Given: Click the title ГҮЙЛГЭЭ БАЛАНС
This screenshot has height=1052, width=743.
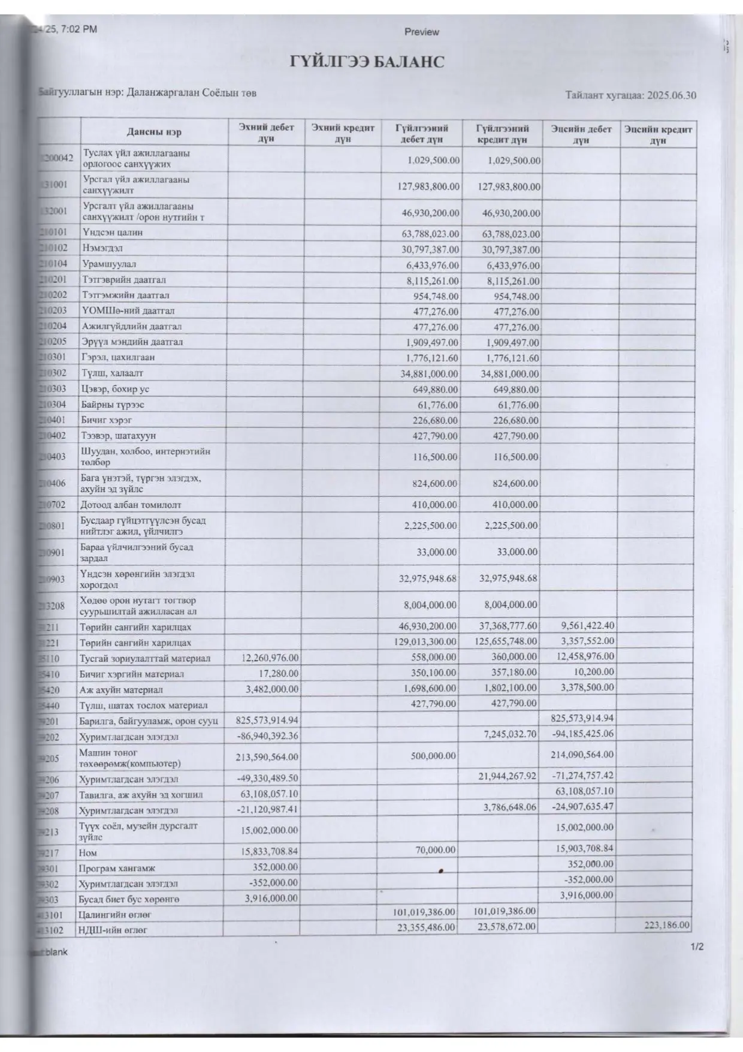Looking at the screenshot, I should [x=367, y=62].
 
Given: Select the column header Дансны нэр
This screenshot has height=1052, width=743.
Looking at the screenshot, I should [x=154, y=132].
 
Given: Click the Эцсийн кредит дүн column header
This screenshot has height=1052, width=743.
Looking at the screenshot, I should [x=658, y=134].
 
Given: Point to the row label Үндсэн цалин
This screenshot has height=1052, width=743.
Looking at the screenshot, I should [x=113, y=233].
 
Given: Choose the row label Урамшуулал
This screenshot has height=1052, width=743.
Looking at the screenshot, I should [x=109, y=264].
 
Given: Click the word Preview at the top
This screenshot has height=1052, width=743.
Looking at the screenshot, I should [x=421, y=32].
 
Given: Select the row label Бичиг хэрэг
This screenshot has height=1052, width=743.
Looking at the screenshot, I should [x=107, y=420].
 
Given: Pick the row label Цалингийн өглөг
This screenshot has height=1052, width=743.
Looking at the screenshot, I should [x=114, y=915].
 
